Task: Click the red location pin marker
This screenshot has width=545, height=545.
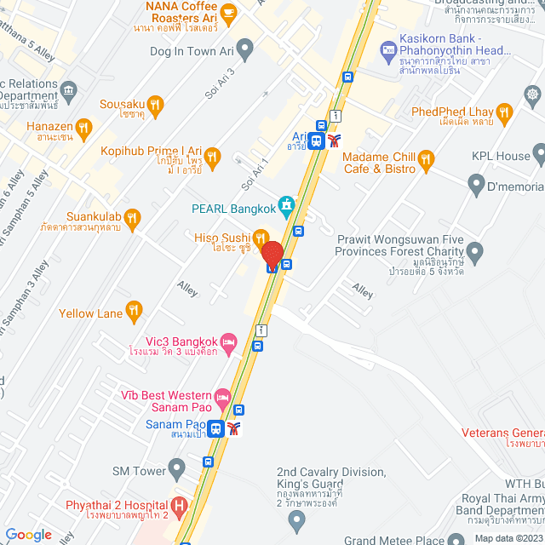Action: (272, 255)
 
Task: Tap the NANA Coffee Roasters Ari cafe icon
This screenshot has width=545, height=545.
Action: (227, 12)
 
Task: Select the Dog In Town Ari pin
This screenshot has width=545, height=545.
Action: (245, 50)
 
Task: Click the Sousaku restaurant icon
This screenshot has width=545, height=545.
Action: (155, 106)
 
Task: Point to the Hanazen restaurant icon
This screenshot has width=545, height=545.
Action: (83, 129)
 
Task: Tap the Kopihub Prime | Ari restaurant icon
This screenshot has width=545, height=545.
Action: (213, 156)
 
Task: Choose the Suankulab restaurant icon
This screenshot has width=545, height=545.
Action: (132, 221)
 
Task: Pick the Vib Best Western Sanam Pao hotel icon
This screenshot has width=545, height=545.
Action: (222, 396)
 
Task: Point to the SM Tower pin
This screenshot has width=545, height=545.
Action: (176, 468)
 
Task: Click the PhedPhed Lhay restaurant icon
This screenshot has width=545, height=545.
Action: (505, 112)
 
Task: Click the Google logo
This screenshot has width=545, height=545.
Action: (28, 535)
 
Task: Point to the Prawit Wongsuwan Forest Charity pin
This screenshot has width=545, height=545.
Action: (475, 250)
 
